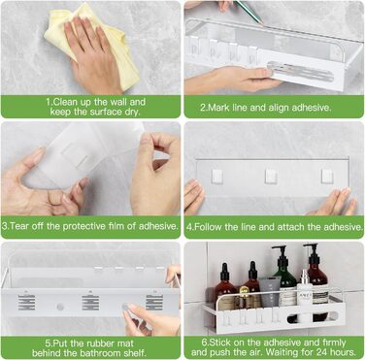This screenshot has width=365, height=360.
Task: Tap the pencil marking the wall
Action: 249,12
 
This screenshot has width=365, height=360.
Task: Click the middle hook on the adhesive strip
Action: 271,177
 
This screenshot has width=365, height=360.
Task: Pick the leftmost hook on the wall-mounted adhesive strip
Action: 217,177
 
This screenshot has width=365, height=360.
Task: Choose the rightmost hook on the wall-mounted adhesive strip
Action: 327,177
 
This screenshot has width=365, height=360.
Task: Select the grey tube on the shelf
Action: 269,292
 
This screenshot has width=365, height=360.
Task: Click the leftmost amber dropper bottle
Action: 225,285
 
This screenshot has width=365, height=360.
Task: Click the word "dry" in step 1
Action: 132,113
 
